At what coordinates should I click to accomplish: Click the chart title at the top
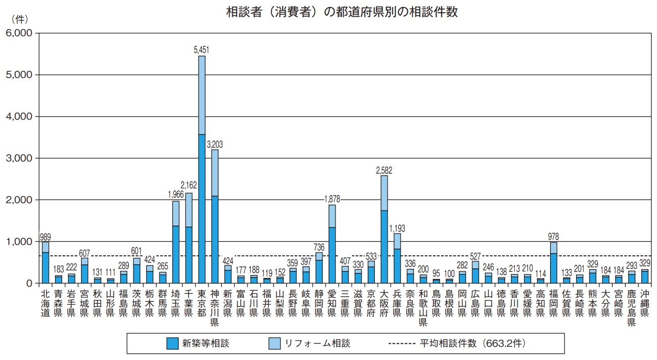(342, 12)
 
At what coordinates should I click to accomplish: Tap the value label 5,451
(202, 50)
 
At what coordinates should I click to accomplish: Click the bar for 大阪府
(384, 229)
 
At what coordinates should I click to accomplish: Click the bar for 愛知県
(332, 244)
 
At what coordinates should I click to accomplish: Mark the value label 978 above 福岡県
(553, 236)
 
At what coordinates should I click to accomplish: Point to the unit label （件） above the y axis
(19, 19)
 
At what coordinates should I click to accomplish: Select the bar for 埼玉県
(176, 242)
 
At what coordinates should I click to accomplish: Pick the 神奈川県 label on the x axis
(215, 308)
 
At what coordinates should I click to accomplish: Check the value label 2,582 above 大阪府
(384, 170)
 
